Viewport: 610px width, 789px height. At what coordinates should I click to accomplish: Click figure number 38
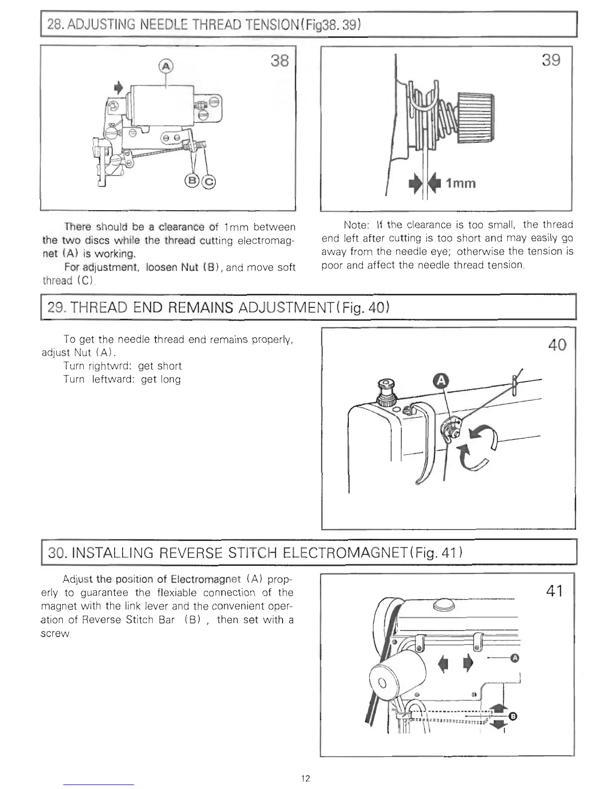pos(279,61)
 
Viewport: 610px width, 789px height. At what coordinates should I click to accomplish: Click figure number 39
pos(551,60)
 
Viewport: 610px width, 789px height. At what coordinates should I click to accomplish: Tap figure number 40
pos(557,345)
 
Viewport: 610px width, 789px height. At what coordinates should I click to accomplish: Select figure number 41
pos(555,591)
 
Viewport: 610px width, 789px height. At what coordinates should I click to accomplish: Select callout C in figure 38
pos(209,181)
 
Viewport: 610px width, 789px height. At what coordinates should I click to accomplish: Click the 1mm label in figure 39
pos(460,183)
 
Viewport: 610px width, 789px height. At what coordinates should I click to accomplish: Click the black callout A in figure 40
pos(442,382)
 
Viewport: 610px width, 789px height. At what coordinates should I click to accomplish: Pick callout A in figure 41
pos(515,658)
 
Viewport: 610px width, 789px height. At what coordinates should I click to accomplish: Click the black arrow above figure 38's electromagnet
pos(118,88)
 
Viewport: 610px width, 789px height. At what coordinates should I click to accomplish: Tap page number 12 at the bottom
pos(305,778)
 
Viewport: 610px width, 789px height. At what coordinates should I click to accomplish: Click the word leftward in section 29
pos(112,380)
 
